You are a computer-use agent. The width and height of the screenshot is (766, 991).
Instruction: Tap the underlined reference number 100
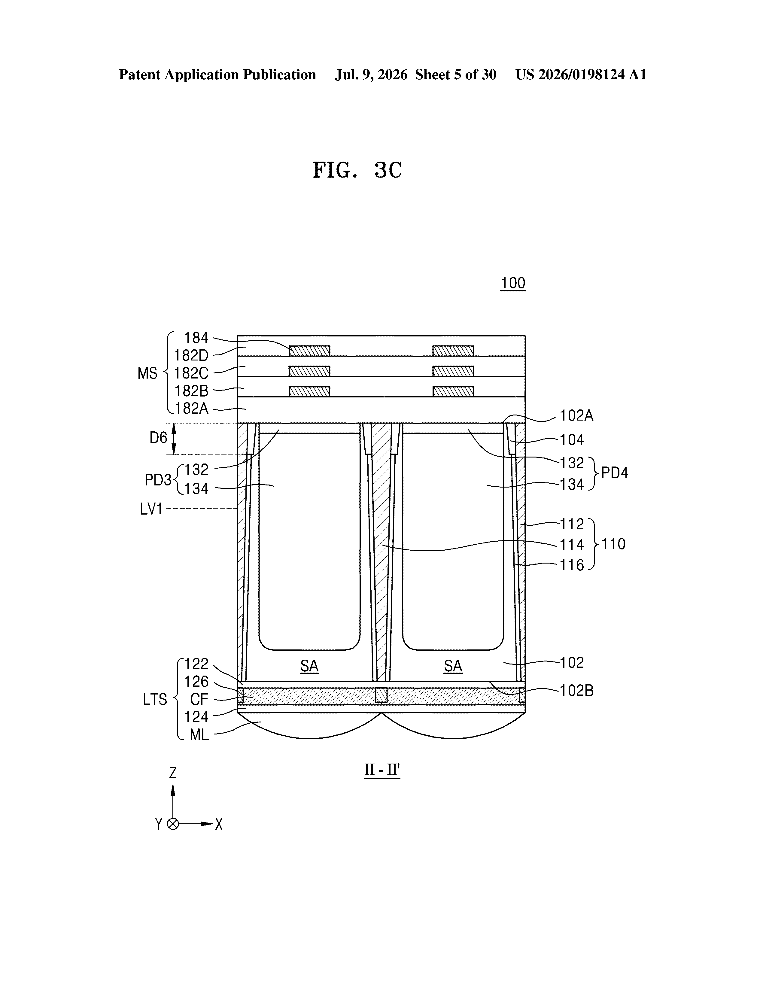click(x=513, y=283)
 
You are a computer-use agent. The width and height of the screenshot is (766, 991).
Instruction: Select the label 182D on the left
click(x=191, y=355)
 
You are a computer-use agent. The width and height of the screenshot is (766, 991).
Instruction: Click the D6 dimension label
click(x=158, y=438)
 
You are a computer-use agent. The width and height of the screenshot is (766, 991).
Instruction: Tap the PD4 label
click(x=614, y=473)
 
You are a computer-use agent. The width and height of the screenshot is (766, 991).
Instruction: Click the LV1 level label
click(x=151, y=509)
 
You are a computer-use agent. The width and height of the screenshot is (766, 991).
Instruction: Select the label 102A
click(x=576, y=416)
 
